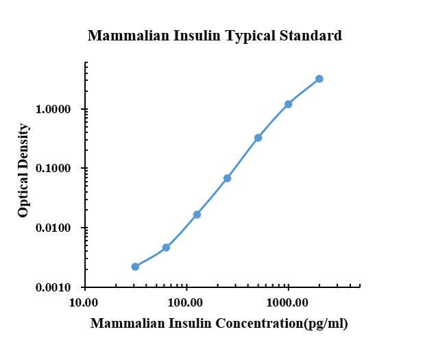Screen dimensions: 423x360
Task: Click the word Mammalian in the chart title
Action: (128, 36)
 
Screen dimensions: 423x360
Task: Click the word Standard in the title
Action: (311, 36)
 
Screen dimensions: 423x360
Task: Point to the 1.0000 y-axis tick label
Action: (53, 109)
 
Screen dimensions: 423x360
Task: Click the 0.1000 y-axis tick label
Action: (53, 168)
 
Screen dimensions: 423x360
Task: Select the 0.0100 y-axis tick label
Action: (53, 228)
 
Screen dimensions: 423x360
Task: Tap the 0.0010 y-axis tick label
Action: (53, 287)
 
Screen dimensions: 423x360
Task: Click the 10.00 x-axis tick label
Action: (84, 302)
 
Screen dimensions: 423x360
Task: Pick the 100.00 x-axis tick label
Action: (185, 302)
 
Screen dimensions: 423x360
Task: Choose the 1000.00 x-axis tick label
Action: (287, 302)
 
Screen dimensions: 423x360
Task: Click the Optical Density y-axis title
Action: (23, 170)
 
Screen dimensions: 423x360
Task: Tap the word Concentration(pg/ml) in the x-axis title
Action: (282, 324)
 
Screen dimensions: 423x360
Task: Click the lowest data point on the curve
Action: (135, 267)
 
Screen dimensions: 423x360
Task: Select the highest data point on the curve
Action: (319, 79)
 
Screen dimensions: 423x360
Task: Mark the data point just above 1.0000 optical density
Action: (288, 104)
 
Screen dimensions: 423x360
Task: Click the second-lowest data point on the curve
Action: (166, 247)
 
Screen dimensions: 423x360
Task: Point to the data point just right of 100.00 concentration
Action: (197, 215)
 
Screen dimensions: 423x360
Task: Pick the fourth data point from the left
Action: (227, 178)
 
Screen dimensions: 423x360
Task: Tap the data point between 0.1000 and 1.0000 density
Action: (258, 138)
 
